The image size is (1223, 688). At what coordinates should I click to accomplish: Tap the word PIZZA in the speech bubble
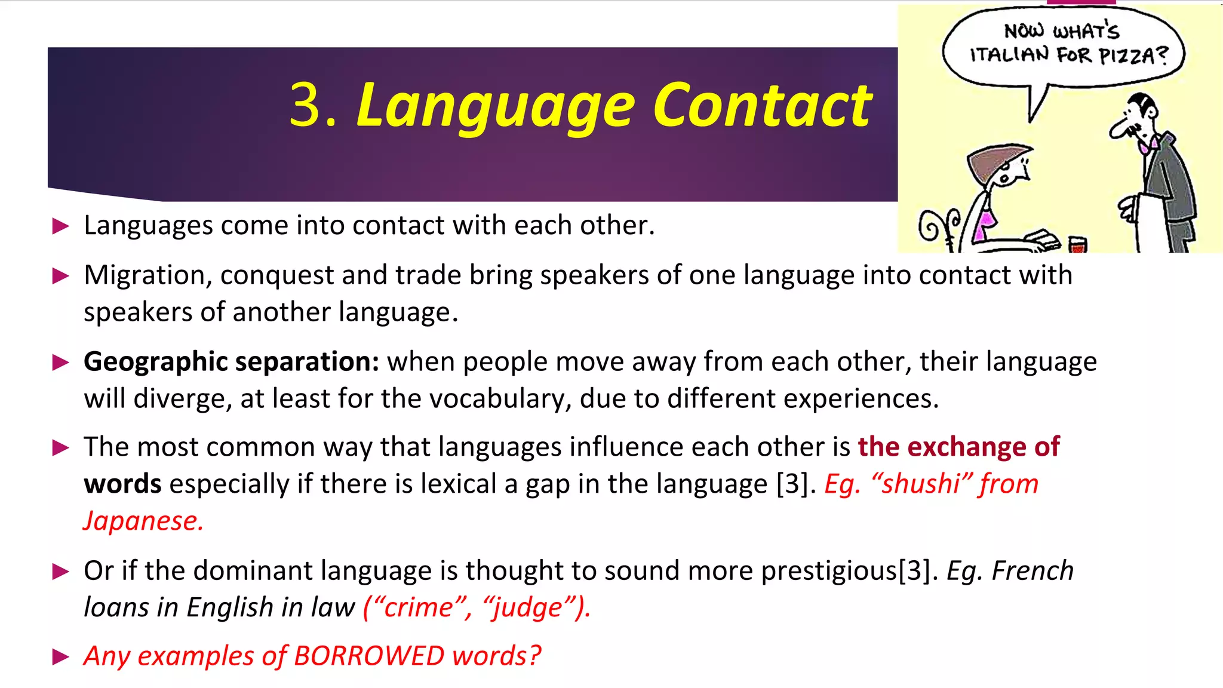(1126, 56)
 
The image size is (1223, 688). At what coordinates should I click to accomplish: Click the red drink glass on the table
(1077, 244)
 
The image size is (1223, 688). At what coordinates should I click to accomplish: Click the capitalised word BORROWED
(369, 656)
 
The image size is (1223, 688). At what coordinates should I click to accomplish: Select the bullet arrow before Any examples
(61, 658)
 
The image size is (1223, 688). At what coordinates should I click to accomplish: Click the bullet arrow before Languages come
(61, 226)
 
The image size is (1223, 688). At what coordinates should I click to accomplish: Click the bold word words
(122, 484)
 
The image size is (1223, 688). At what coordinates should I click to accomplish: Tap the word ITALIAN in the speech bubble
(1009, 55)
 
